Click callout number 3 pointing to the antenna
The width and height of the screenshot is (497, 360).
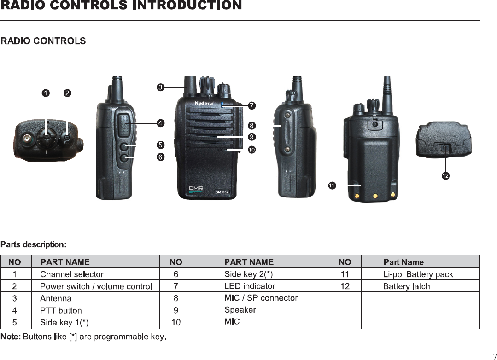[x=159, y=87]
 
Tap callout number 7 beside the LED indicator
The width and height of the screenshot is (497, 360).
[x=251, y=106]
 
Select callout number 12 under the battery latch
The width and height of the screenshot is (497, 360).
[x=445, y=176]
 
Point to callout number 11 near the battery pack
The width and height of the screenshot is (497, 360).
[x=332, y=185]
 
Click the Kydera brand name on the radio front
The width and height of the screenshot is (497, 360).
[x=204, y=103]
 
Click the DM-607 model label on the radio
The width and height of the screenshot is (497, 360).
[x=222, y=192]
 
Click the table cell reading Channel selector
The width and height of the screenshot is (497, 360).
[x=72, y=274]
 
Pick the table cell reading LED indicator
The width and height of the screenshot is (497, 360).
[x=250, y=286]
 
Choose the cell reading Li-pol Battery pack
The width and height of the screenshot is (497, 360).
[x=418, y=274]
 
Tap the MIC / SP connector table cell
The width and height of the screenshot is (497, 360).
[x=261, y=298]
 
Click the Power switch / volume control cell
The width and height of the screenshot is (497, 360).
[x=96, y=286]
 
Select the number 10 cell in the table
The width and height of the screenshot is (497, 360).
[x=176, y=322]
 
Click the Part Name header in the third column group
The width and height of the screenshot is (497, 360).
[x=403, y=262]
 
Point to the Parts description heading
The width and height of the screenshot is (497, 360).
[x=34, y=244]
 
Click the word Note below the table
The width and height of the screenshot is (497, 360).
[x=10, y=337]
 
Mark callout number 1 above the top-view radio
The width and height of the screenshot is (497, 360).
[x=45, y=93]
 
